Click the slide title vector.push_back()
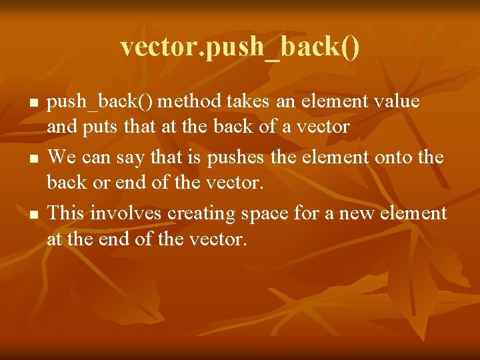[240, 47]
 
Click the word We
[62, 158]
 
